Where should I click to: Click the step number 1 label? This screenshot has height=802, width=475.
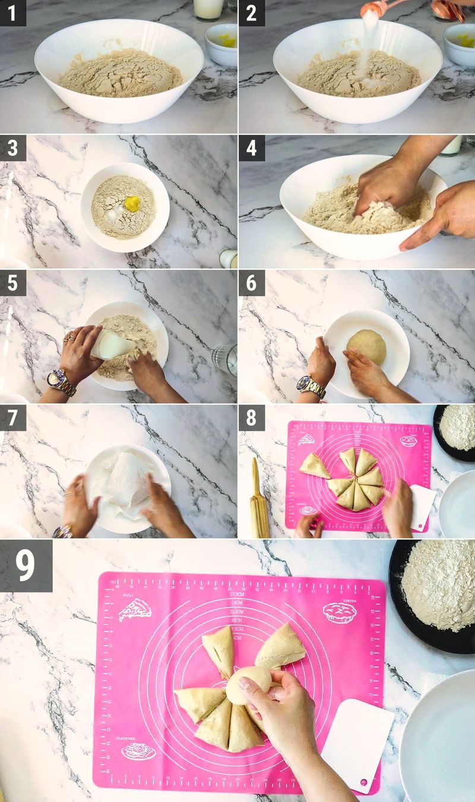[x=12, y=12]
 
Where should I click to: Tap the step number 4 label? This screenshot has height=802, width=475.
[x=251, y=148]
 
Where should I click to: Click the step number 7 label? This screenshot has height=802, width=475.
[x=12, y=418]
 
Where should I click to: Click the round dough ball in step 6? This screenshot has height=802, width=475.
[x=366, y=346]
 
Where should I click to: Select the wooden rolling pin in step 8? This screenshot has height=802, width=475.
[x=258, y=498]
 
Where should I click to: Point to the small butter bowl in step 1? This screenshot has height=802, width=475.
[x=221, y=44]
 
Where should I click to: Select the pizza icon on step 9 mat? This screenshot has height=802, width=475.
[x=134, y=610]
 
